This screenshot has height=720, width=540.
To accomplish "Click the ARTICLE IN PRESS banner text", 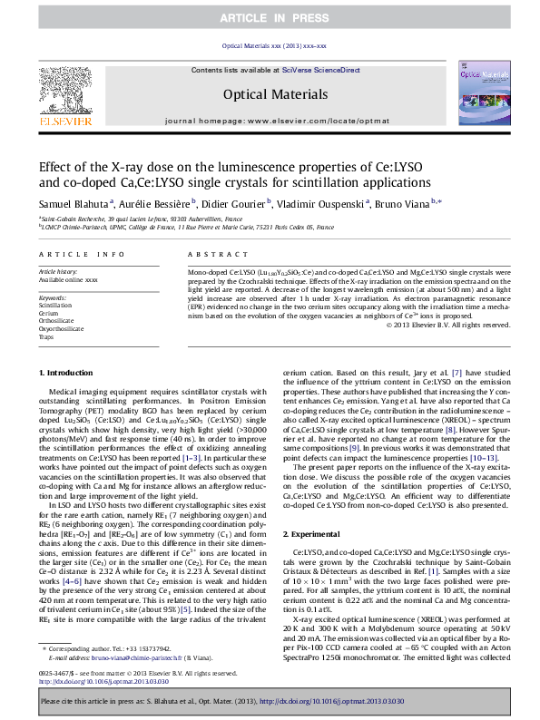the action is (270, 8).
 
